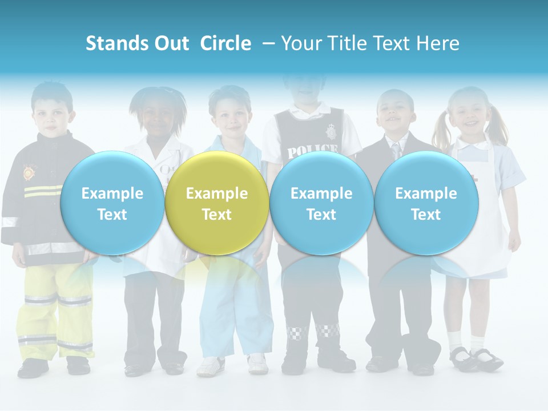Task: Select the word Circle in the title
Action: (225, 43)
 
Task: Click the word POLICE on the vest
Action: (312, 151)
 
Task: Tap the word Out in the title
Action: (171, 43)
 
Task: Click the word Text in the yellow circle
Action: (216, 215)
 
